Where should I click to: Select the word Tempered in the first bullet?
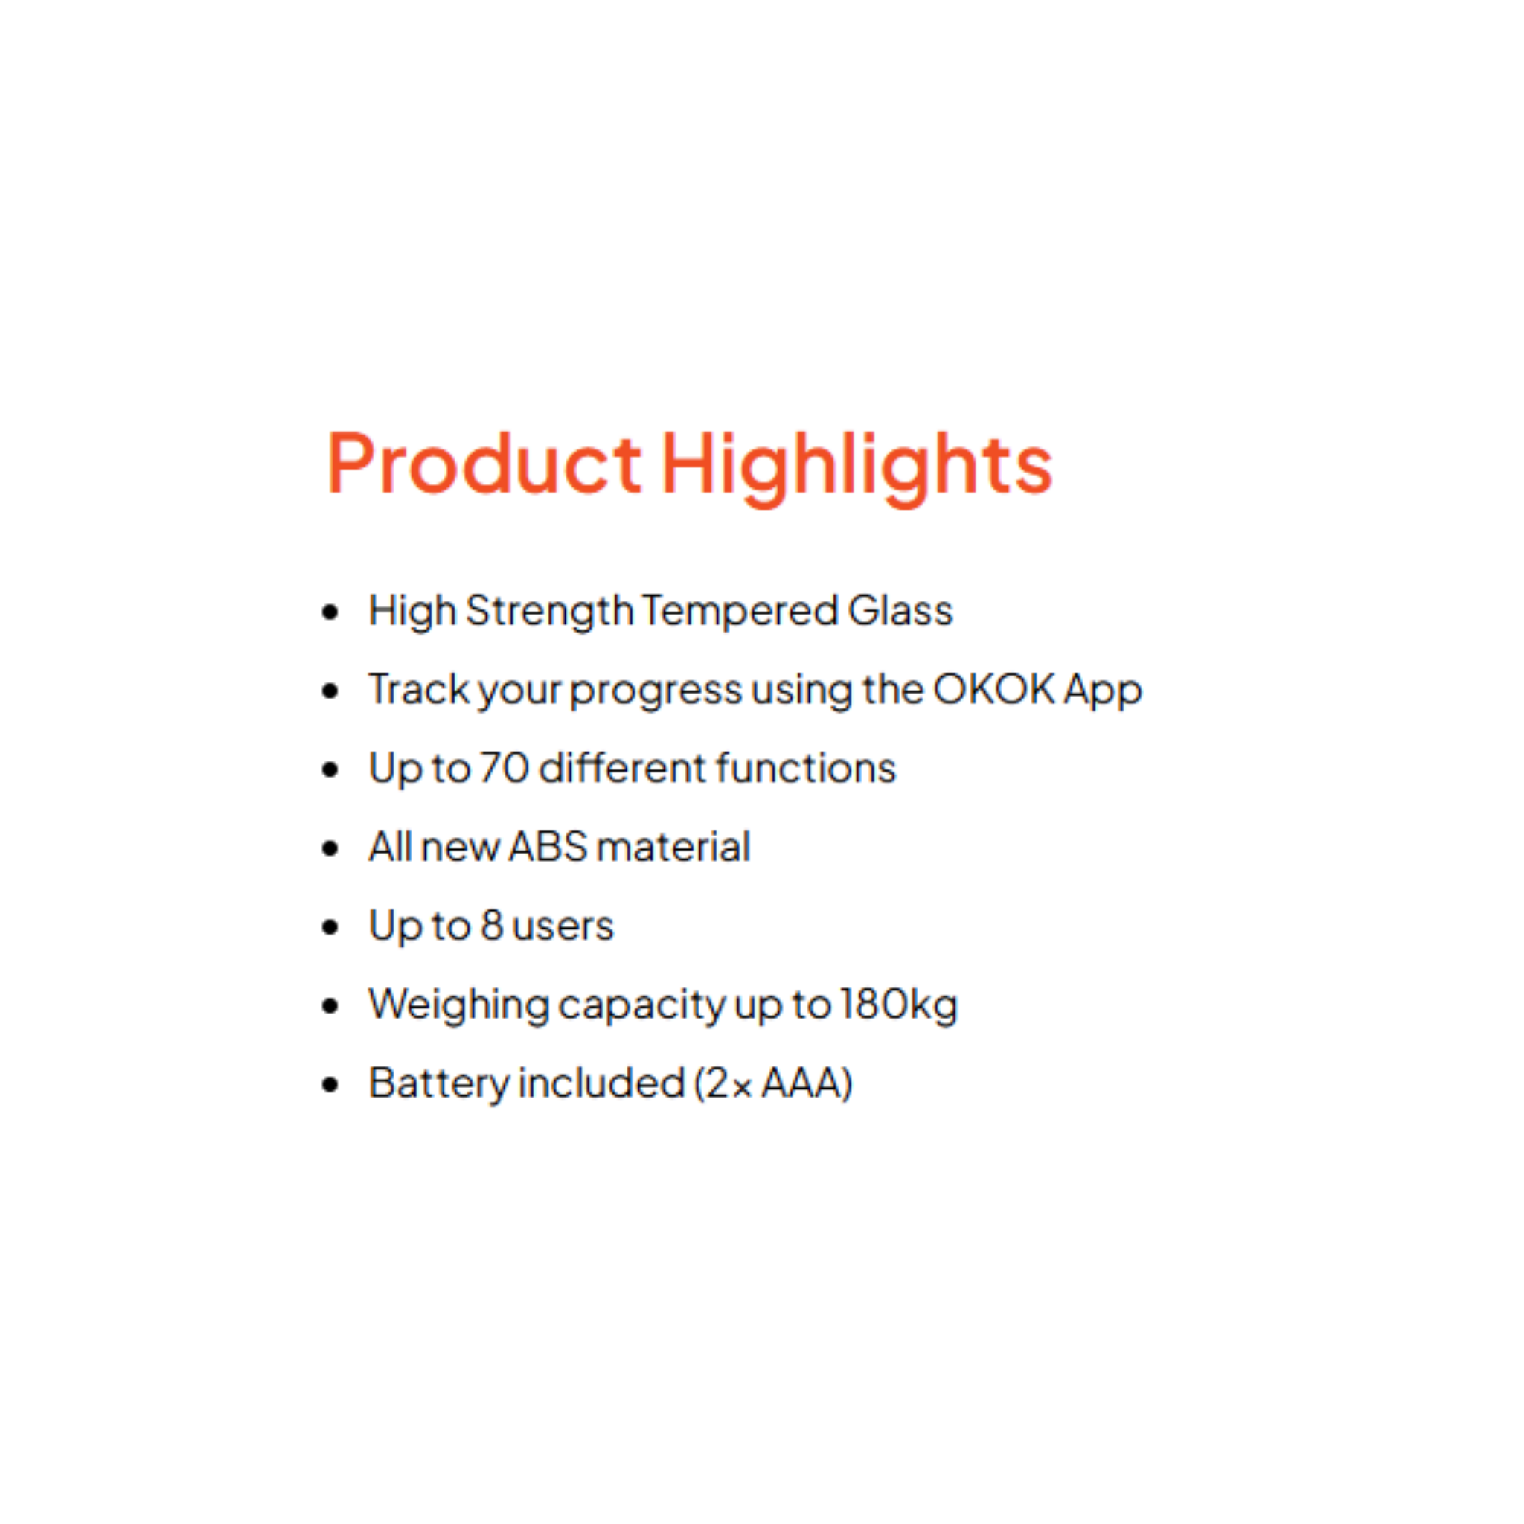click(x=740, y=612)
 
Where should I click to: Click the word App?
click(x=1103, y=692)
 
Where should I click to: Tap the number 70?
click(x=504, y=767)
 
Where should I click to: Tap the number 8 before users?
click(x=491, y=925)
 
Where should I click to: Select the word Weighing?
click(x=459, y=1007)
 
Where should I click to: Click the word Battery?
click(x=439, y=1085)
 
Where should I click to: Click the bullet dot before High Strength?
click(x=330, y=612)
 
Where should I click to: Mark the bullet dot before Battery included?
click(x=330, y=1085)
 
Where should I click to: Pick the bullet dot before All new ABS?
click(x=330, y=848)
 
